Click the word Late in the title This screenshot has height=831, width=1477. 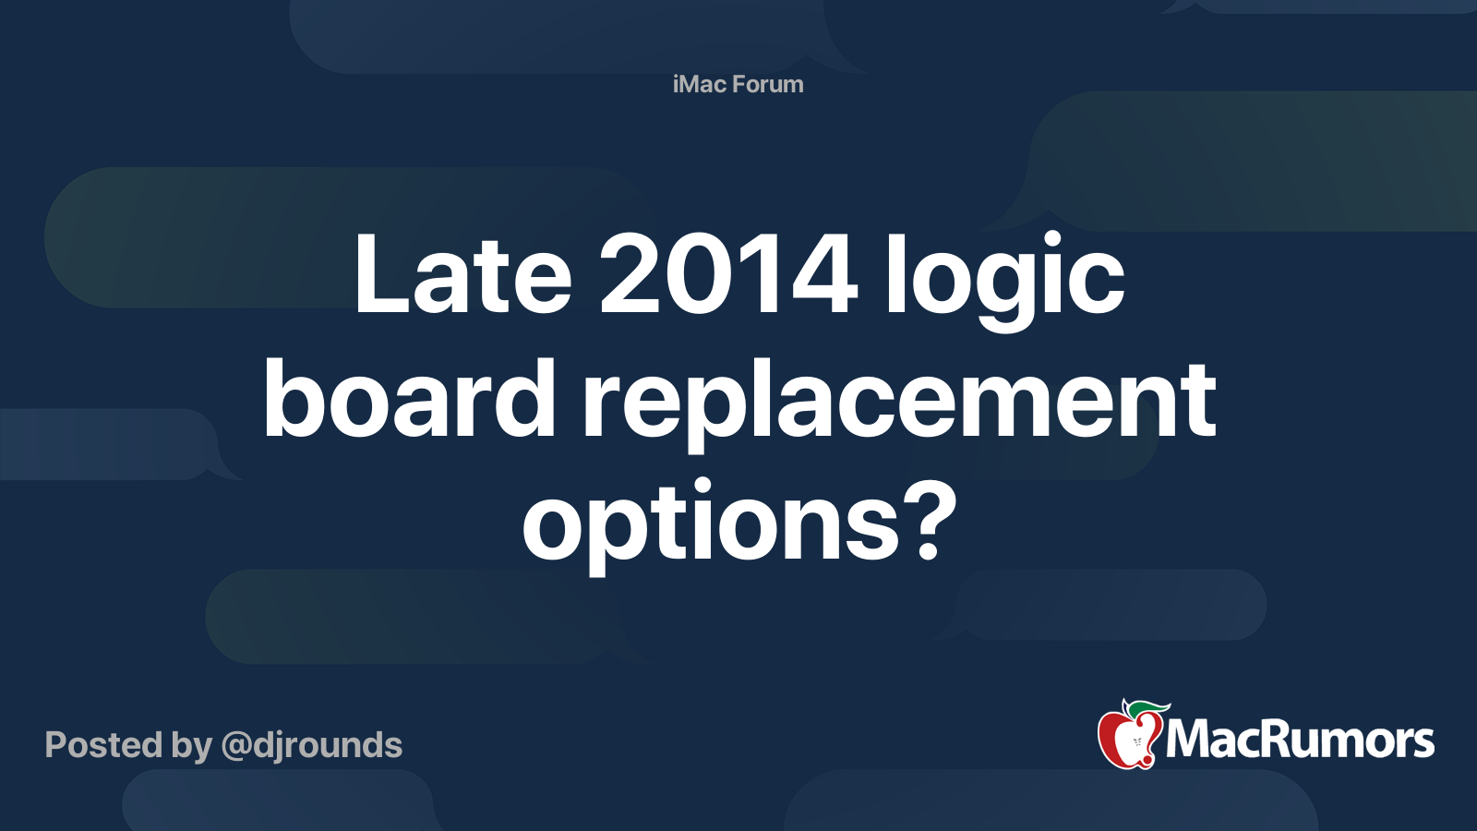point(462,274)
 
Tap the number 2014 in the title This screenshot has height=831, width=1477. point(728,274)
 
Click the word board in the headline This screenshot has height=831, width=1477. point(409,400)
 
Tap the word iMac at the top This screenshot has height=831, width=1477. point(700,84)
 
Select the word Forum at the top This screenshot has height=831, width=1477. point(768,84)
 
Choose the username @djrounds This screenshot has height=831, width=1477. point(312,745)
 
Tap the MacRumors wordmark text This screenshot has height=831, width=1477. point(1300,741)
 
